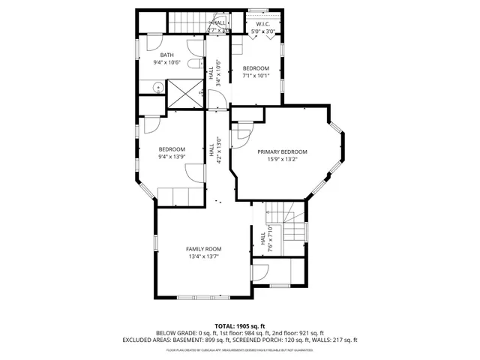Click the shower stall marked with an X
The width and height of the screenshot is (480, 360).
tap(184, 93)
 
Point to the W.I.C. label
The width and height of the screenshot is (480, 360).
tap(262, 24)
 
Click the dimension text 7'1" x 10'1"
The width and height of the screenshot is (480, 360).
tap(255, 76)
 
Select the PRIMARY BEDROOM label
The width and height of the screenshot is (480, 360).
tap(282, 151)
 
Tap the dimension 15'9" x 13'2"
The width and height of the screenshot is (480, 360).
tap(282, 159)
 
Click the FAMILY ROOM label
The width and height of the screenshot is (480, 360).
tap(204, 249)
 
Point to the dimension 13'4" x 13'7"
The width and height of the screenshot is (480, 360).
tap(204, 257)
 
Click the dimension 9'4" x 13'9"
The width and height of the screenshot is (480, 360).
tap(172, 157)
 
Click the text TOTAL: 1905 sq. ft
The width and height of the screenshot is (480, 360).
tap(240, 325)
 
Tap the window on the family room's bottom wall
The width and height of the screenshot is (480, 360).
tap(204, 298)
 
